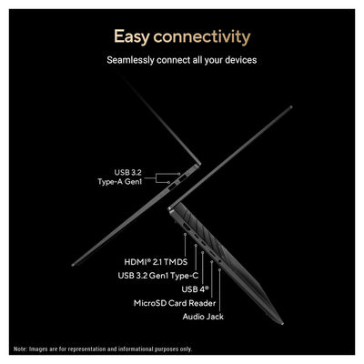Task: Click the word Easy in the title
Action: click(x=132, y=37)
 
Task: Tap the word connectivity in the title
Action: click(x=202, y=36)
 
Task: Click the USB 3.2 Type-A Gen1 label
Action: click(x=120, y=177)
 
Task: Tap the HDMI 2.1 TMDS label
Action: click(x=156, y=262)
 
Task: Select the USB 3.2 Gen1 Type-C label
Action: click(x=158, y=276)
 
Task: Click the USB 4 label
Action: click(x=196, y=289)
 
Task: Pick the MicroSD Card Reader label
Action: click(x=175, y=303)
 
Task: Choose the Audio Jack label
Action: click(x=203, y=317)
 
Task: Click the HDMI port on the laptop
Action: click(x=186, y=227)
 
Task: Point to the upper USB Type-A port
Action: click(x=183, y=178)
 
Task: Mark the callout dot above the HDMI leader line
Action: click(x=185, y=234)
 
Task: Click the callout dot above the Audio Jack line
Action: click(x=219, y=269)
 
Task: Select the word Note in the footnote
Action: click(x=20, y=349)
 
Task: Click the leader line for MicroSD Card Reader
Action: click(x=212, y=279)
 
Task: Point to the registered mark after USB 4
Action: click(x=207, y=287)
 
